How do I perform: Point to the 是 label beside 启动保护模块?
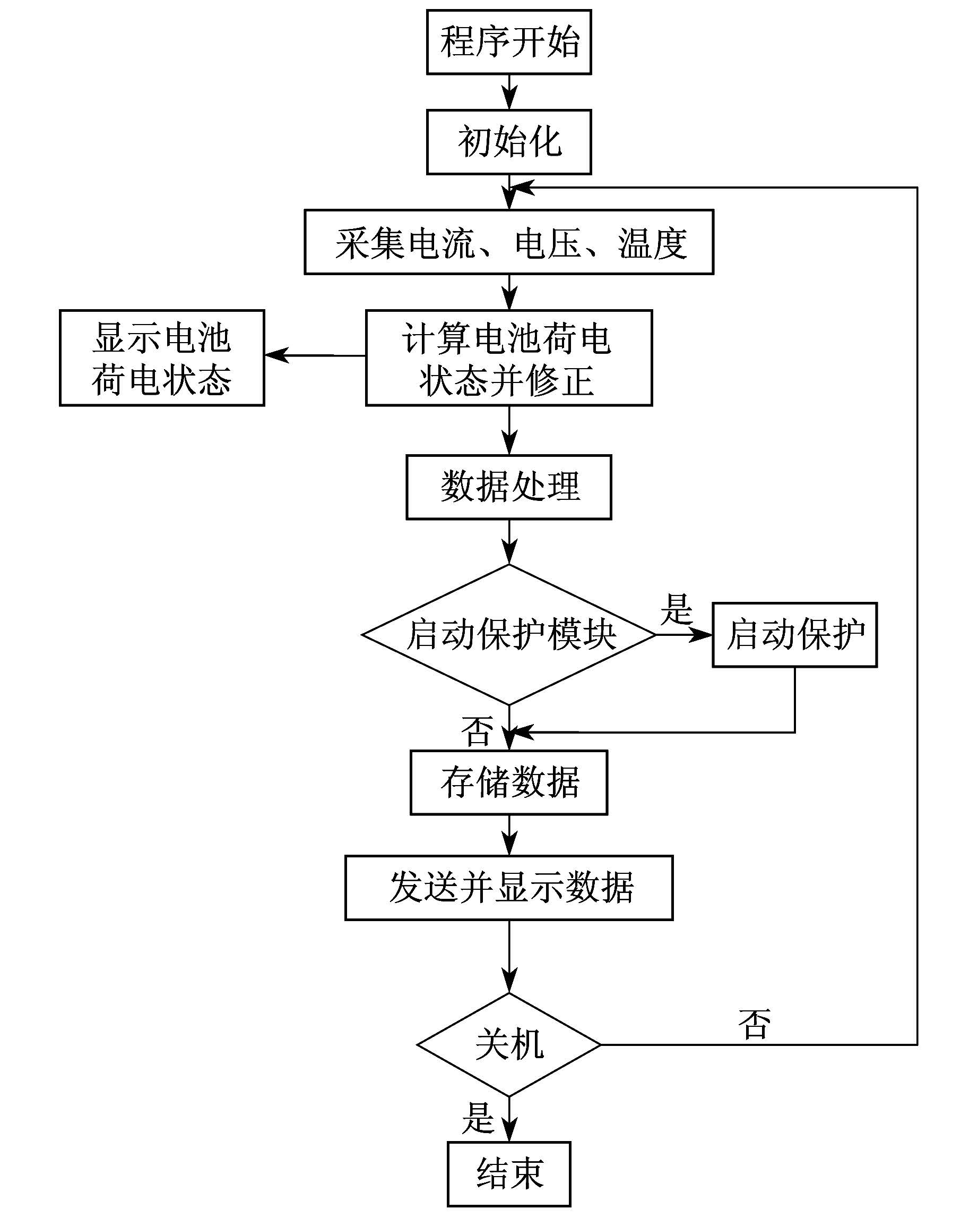(676, 609)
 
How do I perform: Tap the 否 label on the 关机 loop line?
(754, 1025)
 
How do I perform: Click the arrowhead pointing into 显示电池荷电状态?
(277, 355)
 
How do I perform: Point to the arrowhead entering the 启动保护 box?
(701, 635)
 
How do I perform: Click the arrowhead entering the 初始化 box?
(509, 99)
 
